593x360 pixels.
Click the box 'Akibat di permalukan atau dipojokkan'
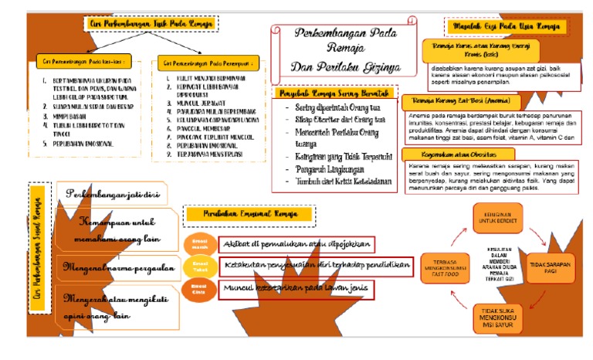tap(297, 245)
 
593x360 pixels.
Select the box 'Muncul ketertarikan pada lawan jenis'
tap(297, 290)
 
